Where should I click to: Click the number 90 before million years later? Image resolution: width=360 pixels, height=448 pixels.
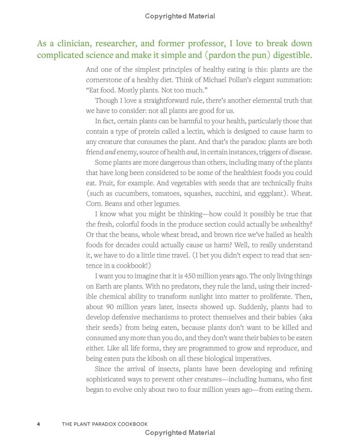click(111, 307)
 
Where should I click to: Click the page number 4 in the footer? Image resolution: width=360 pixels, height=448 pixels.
click(39, 424)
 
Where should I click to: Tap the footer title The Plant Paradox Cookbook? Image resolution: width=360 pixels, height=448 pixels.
click(105, 424)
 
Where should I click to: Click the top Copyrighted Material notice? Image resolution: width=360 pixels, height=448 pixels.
click(180, 16)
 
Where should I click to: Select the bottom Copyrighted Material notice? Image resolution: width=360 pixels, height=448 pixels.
click(180, 433)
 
